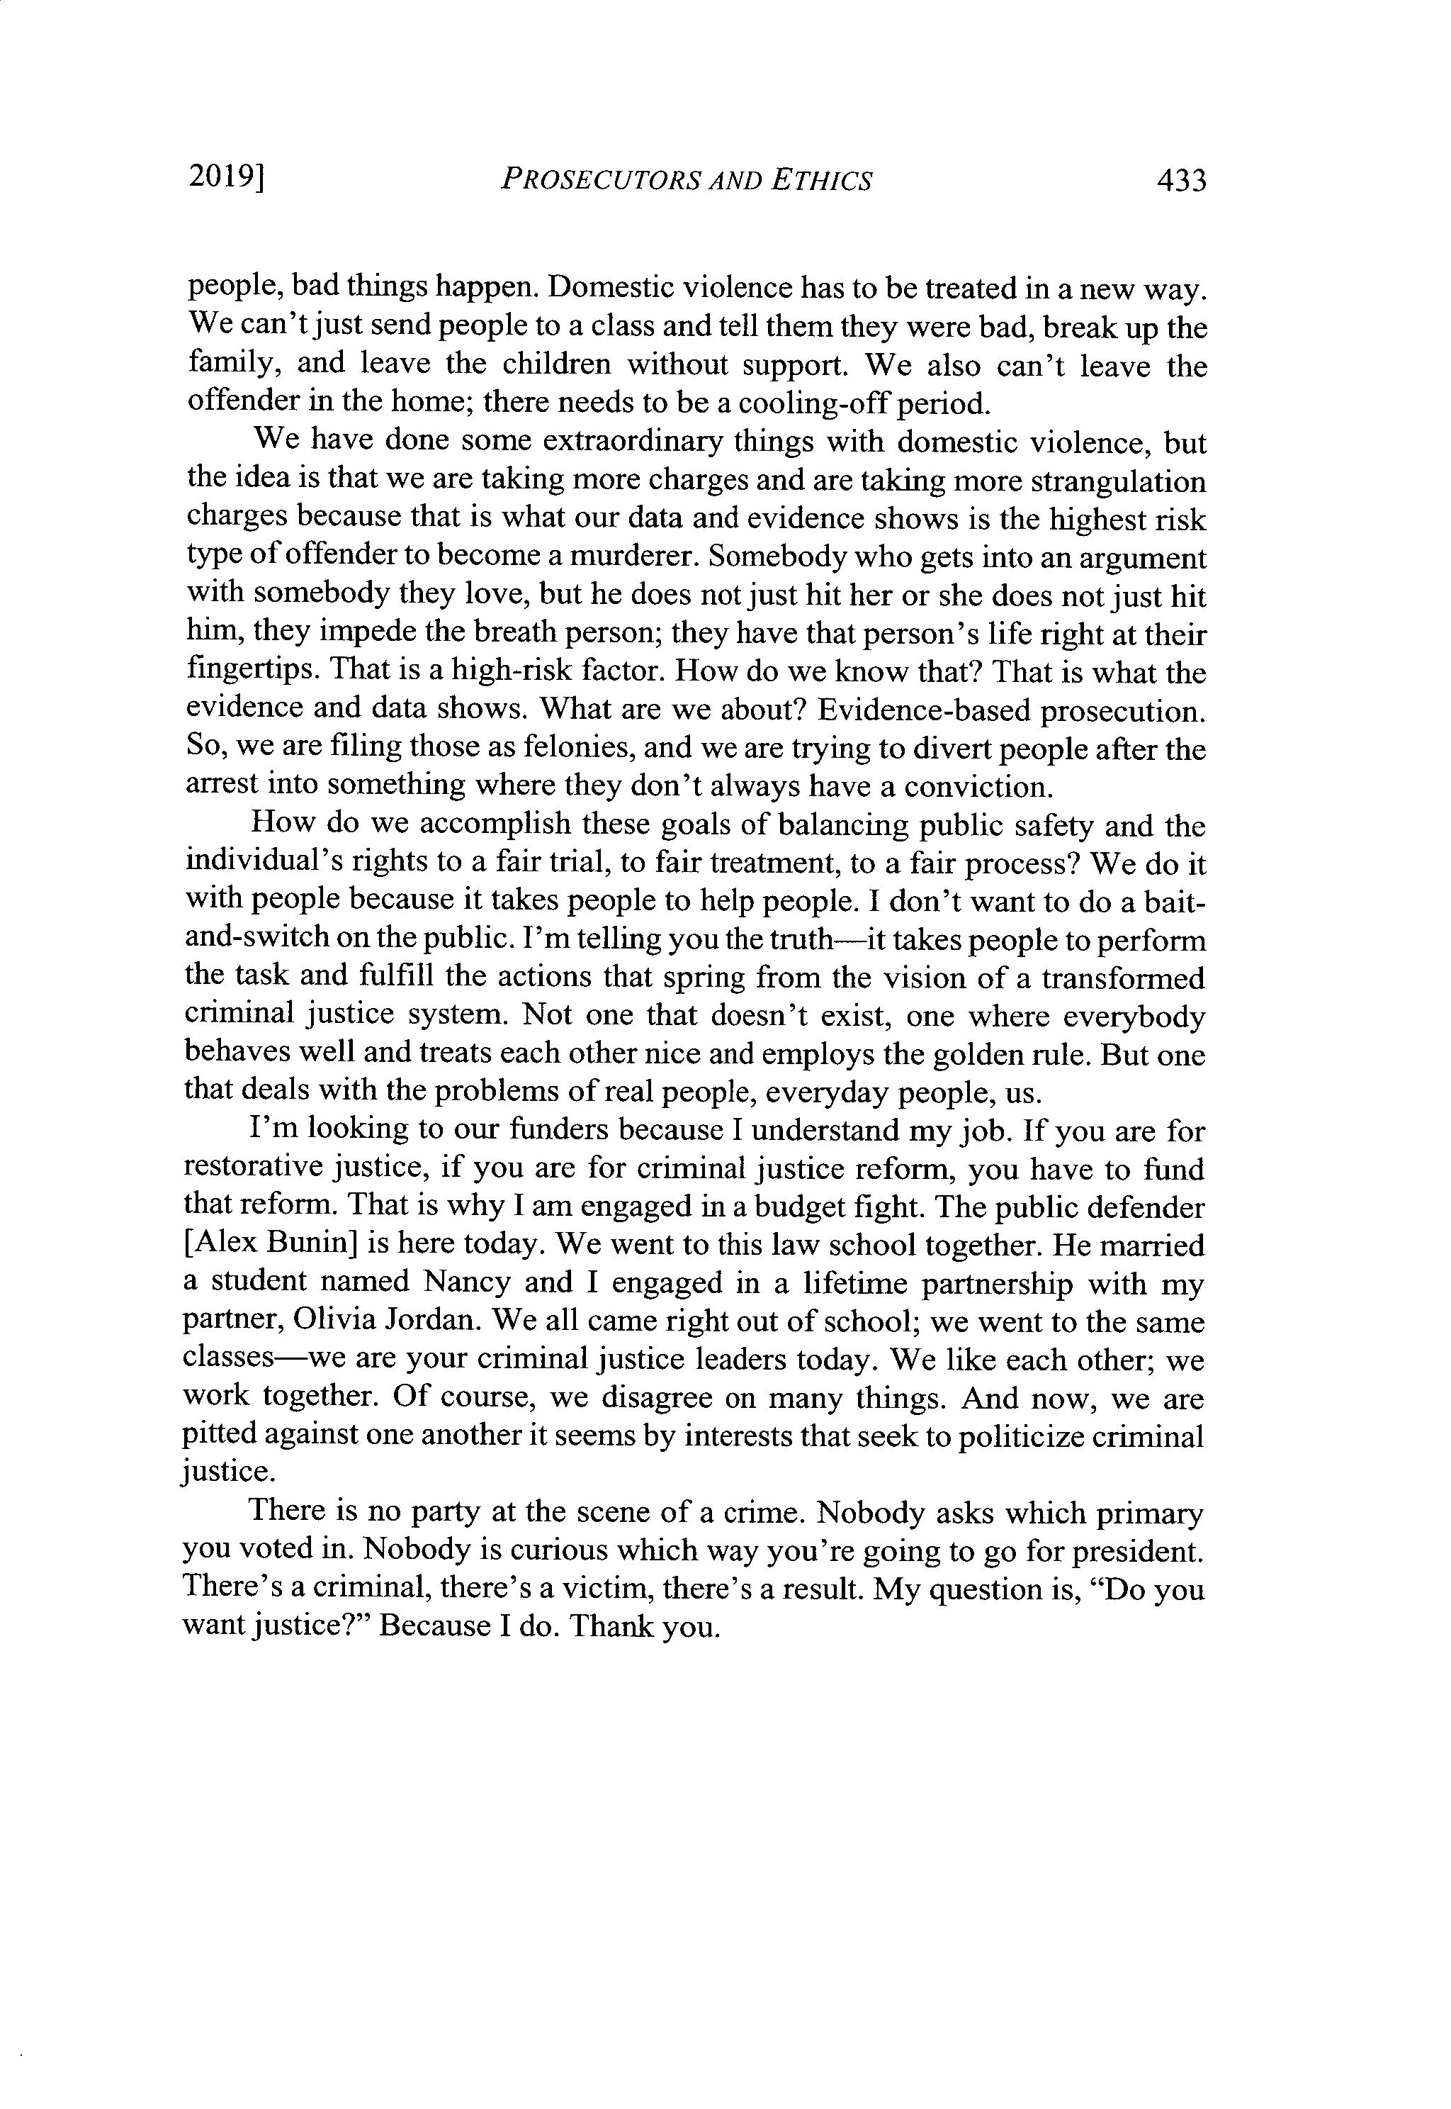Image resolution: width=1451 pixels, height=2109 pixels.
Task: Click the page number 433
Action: (x=1180, y=181)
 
